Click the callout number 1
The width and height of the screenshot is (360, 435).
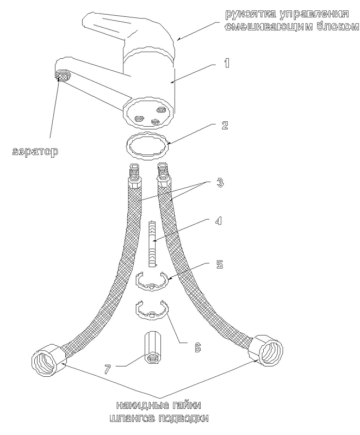(x=227, y=63)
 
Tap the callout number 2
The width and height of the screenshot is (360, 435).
(x=225, y=125)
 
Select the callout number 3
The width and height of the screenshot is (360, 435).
(x=220, y=183)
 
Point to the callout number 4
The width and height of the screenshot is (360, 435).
(x=219, y=221)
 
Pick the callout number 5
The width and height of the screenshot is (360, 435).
(x=219, y=264)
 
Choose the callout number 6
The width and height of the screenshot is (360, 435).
(x=197, y=347)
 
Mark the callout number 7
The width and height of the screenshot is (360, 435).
(x=108, y=369)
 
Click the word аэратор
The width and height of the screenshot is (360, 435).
(x=35, y=152)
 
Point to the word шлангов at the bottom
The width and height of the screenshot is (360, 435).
(x=132, y=419)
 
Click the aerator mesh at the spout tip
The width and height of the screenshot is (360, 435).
(x=63, y=76)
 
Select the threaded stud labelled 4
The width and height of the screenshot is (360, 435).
(x=152, y=244)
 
